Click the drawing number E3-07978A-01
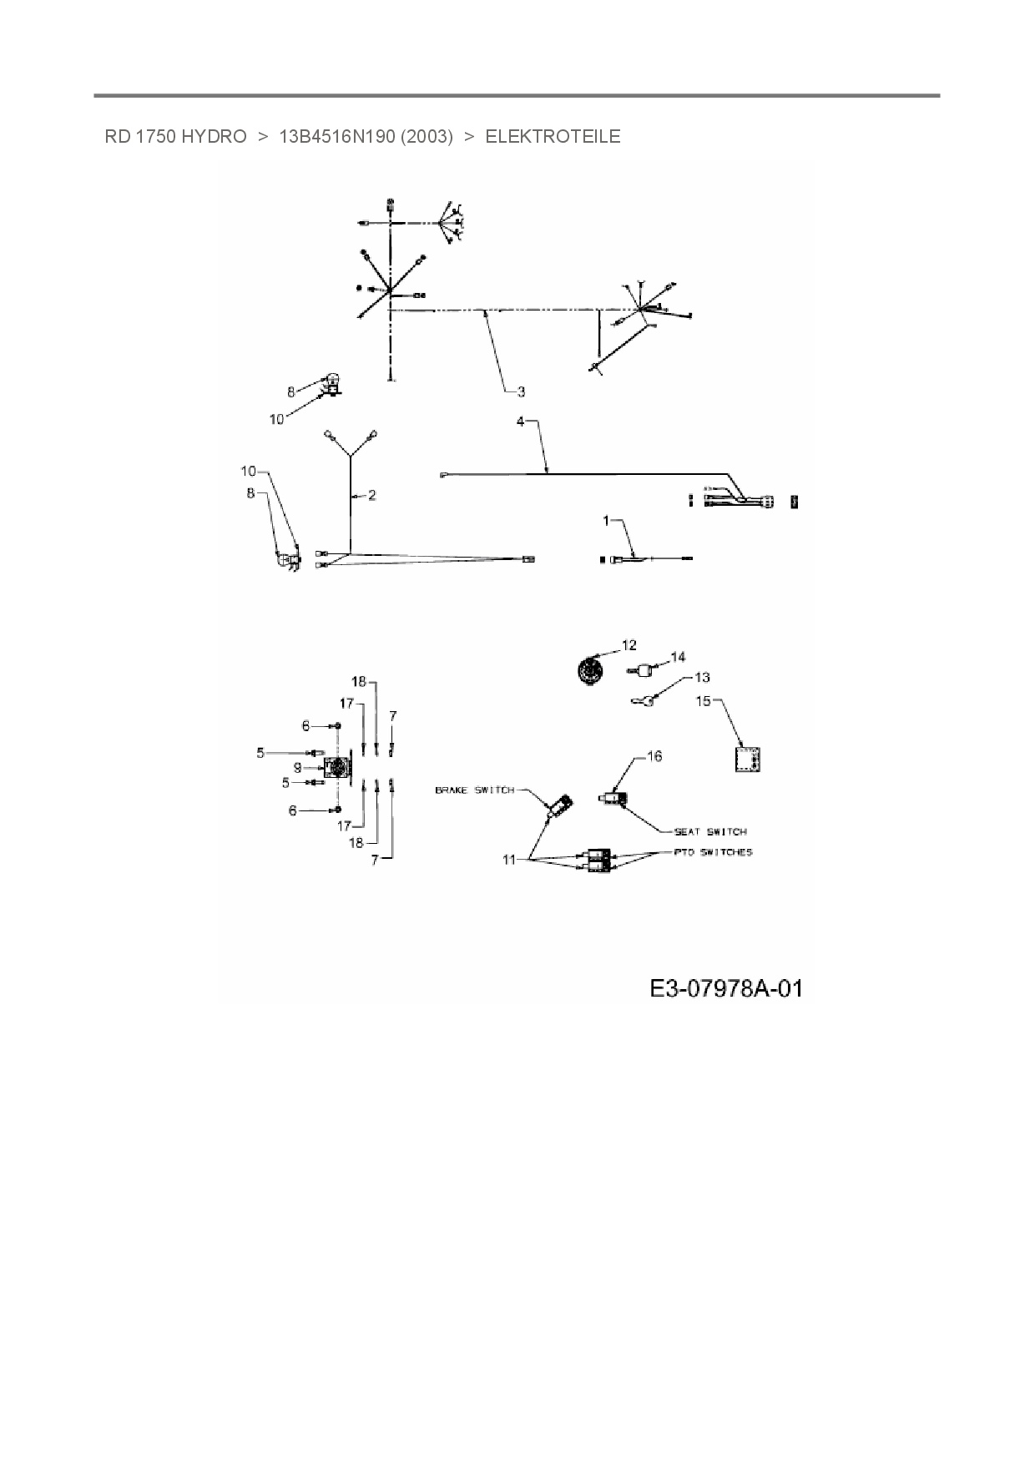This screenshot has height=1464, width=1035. click(725, 989)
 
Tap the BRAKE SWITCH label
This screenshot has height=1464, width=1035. click(474, 790)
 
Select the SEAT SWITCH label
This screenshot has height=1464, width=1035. click(710, 831)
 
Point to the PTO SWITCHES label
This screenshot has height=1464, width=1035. click(713, 852)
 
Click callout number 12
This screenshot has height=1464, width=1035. click(629, 645)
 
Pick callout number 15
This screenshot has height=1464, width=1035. click(704, 701)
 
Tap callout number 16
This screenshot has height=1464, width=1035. click(654, 756)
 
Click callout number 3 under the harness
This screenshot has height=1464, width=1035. click(520, 391)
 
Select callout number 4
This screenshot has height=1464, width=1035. click(520, 422)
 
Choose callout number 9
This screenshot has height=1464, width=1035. click(297, 768)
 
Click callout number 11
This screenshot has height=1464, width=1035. click(509, 860)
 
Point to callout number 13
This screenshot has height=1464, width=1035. click(702, 678)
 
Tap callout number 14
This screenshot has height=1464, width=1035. click(678, 658)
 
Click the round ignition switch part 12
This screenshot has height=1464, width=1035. click(592, 670)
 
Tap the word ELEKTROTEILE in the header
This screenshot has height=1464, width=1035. click(553, 137)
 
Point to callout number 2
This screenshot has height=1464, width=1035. click(371, 496)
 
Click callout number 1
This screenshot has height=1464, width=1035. click(607, 521)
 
